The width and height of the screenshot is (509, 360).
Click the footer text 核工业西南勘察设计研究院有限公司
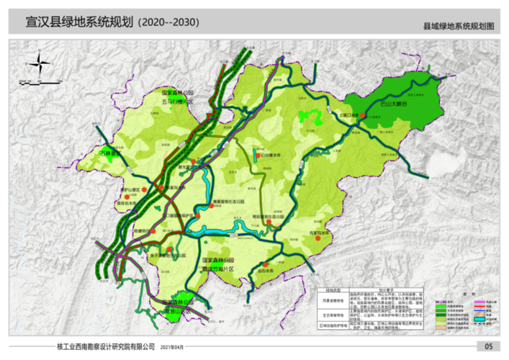pos(106,346)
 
